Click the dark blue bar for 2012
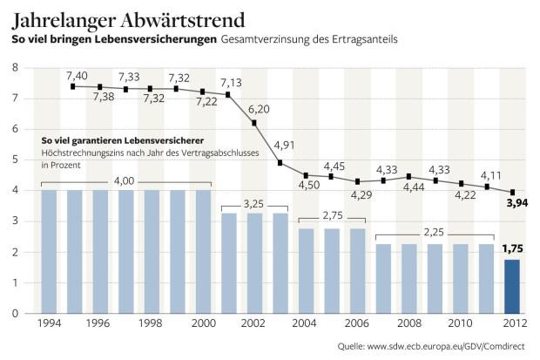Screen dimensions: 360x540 pyautogui.click(x=511, y=286)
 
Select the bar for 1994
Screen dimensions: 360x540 pyautogui.click(x=49, y=251)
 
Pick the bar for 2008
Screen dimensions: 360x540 pyautogui.click(x=408, y=278)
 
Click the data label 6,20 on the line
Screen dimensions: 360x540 pyautogui.click(x=260, y=109)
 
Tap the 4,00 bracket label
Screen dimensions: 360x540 pyautogui.click(x=125, y=180)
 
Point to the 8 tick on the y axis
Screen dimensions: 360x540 pyautogui.click(x=15, y=68)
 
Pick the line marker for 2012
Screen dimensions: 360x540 pyautogui.click(x=511, y=193)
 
